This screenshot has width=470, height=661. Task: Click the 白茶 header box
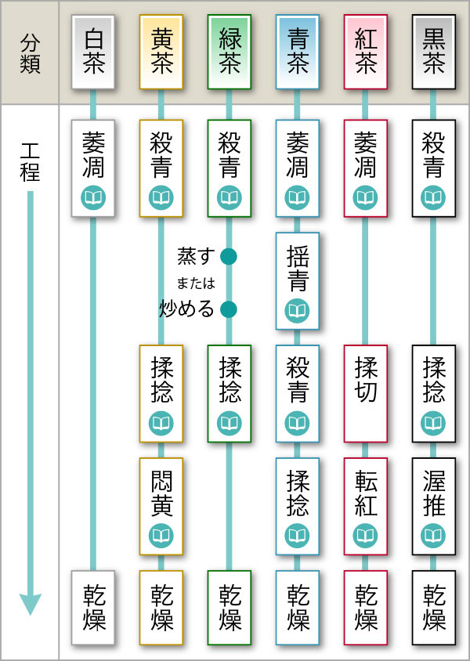93,52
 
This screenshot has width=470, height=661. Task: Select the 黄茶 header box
161,52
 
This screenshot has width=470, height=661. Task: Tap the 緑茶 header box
230,52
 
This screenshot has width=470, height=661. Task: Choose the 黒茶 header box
434,52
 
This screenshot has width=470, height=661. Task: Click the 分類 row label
30,54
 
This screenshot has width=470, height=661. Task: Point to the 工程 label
30,162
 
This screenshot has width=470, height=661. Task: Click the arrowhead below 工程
31,604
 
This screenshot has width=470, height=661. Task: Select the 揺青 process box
297,280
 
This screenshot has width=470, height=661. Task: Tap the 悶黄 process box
161,506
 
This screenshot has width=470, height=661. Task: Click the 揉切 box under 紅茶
366,394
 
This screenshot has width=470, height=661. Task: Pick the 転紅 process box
366,506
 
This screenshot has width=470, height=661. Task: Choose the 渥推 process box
434,506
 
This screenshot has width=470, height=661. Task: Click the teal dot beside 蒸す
229,256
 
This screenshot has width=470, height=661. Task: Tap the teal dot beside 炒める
229,309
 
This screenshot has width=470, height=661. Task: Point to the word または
196,283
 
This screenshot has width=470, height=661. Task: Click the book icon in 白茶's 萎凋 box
93,197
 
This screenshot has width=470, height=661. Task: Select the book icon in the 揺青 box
297,310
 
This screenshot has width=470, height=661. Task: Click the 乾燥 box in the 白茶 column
93,608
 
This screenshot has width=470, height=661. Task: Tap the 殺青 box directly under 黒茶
434,168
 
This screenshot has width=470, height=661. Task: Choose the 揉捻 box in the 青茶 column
297,506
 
